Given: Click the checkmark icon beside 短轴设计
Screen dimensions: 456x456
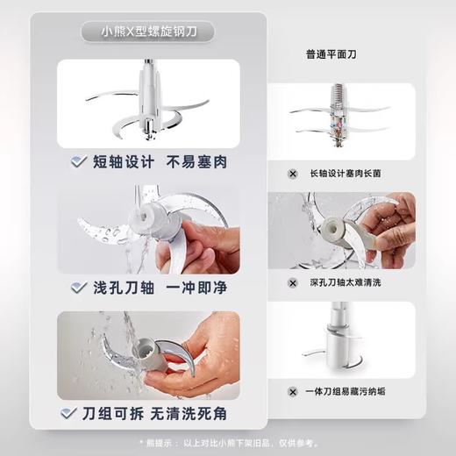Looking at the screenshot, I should (x=79, y=161).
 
